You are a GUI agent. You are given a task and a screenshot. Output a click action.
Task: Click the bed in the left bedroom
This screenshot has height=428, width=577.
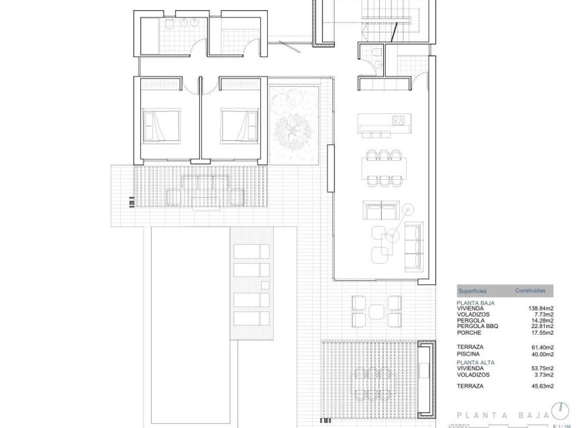(x=161, y=125)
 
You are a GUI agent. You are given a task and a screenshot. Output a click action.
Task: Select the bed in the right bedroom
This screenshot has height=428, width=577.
(x=240, y=125)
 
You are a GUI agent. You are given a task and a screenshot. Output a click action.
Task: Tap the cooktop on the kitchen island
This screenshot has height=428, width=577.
(x=397, y=121)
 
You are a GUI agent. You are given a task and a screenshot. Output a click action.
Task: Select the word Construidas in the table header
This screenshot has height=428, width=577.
(x=534, y=291)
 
